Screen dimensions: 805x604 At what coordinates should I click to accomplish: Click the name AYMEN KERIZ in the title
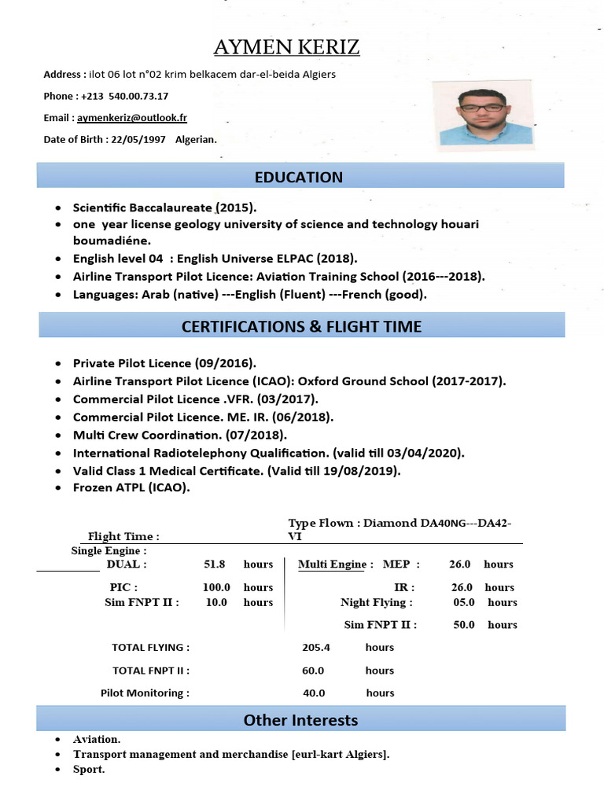click(x=287, y=48)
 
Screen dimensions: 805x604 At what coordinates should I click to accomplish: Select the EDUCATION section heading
click(x=300, y=177)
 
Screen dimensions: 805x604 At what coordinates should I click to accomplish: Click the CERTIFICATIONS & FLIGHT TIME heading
click(x=301, y=325)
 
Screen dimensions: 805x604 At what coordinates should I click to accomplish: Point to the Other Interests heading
click(x=300, y=719)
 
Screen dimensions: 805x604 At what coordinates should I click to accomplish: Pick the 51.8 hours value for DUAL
click(x=214, y=564)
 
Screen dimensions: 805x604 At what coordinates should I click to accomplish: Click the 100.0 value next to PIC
click(x=216, y=587)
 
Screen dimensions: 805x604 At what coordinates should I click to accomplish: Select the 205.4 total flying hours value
click(x=315, y=648)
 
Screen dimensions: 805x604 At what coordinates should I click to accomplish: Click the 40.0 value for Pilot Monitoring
click(x=314, y=693)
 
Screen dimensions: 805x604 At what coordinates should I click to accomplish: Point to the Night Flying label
click(x=376, y=602)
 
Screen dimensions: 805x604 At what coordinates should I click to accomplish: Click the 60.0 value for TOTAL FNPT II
click(x=313, y=671)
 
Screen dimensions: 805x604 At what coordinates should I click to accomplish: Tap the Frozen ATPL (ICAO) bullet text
click(x=131, y=487)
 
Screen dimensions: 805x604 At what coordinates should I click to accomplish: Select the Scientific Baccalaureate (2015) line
click(x=165, y=208)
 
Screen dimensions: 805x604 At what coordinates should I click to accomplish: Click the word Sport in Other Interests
click(x=89, y=769)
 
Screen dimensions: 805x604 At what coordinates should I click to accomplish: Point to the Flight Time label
click(x=123, y=537)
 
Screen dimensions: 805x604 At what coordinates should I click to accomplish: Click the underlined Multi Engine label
click(x=333, y=564)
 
